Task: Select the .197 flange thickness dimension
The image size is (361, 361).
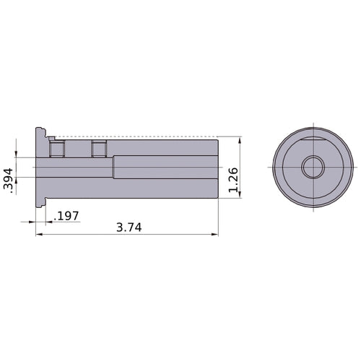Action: (68, 216)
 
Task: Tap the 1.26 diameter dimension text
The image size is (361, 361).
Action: (233, 178)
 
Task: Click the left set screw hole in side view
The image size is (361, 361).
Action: (56, 149)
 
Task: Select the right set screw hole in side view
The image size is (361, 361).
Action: (99, 149)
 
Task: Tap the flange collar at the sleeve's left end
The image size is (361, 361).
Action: (40, 167)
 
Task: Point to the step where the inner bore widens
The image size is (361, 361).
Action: (113, 167)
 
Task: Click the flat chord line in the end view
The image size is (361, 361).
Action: (313, 135)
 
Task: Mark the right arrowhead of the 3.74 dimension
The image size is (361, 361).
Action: (215, 234)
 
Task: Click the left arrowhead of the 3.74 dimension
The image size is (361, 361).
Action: (39, 234)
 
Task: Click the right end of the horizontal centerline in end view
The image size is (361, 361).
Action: (357, 167)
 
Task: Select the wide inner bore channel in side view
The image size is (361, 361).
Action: (166, 167)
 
